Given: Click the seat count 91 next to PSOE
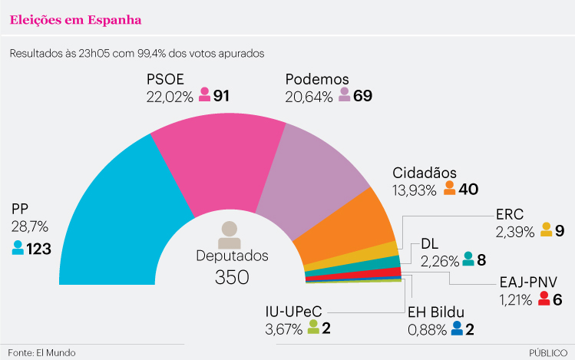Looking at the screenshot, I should coord(222,96).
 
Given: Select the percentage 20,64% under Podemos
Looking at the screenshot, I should coord(309,97).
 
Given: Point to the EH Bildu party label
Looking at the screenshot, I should coord(437,312).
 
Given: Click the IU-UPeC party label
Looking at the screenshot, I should coord(293,312).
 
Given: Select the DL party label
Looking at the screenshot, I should coord(429,244).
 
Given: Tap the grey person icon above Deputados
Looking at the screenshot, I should coord(230,231).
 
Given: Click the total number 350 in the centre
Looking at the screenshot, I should coord(232,277).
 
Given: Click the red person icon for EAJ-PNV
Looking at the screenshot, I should coord(544,298).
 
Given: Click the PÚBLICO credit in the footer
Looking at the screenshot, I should coord(547,352).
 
